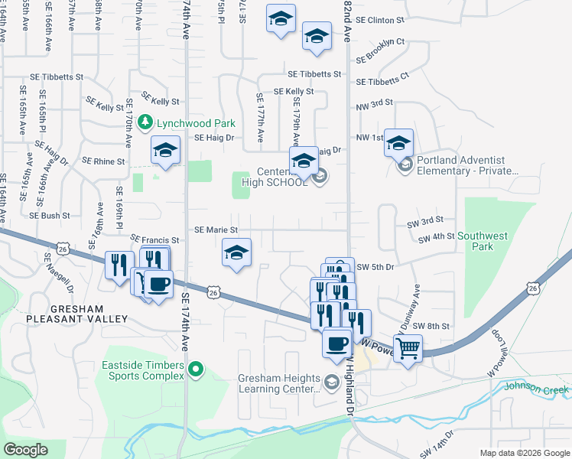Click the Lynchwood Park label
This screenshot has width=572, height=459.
pos(196,122)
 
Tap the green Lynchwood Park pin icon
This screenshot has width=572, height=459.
pos(148,122)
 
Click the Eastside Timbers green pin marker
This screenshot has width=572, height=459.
pos(196,370)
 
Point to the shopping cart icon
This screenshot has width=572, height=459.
pos(409,348)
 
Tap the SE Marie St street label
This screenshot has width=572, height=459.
pos(216,229)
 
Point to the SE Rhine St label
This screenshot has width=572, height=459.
pos(103,161)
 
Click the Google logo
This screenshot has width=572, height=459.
pos(26,450)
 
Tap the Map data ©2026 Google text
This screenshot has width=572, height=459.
pos(524,453)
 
